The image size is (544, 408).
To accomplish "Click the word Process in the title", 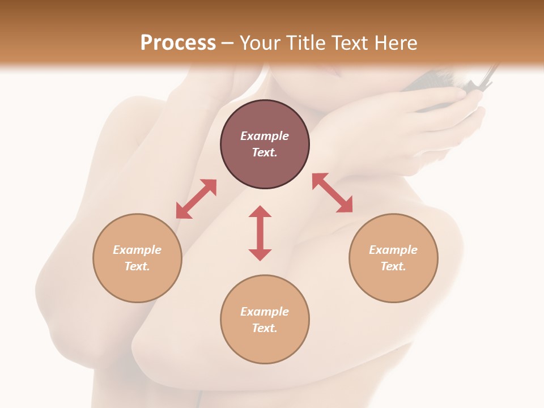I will [x=178, y=43].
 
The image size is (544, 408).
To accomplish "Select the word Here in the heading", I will [x=395, y=43].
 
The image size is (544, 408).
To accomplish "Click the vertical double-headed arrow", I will [x=260, y=233].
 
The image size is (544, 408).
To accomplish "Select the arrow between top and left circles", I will [x=196, y=199].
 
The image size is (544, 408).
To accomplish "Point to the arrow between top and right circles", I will [x=333, y=193].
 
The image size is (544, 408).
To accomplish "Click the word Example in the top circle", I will [x=265, y=136].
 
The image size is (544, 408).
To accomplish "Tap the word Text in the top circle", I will [x=265, y=152].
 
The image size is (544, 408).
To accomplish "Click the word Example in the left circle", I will [x=137, y=250].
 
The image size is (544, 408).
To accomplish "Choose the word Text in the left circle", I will [x=137, y=266].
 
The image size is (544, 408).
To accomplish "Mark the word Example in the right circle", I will [x=393, y=250].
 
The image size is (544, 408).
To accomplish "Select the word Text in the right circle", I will [x=393, y=266].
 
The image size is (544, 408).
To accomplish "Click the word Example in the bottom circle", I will [x=265, y=312].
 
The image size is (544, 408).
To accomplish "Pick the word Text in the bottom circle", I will [x=265, y=328].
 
